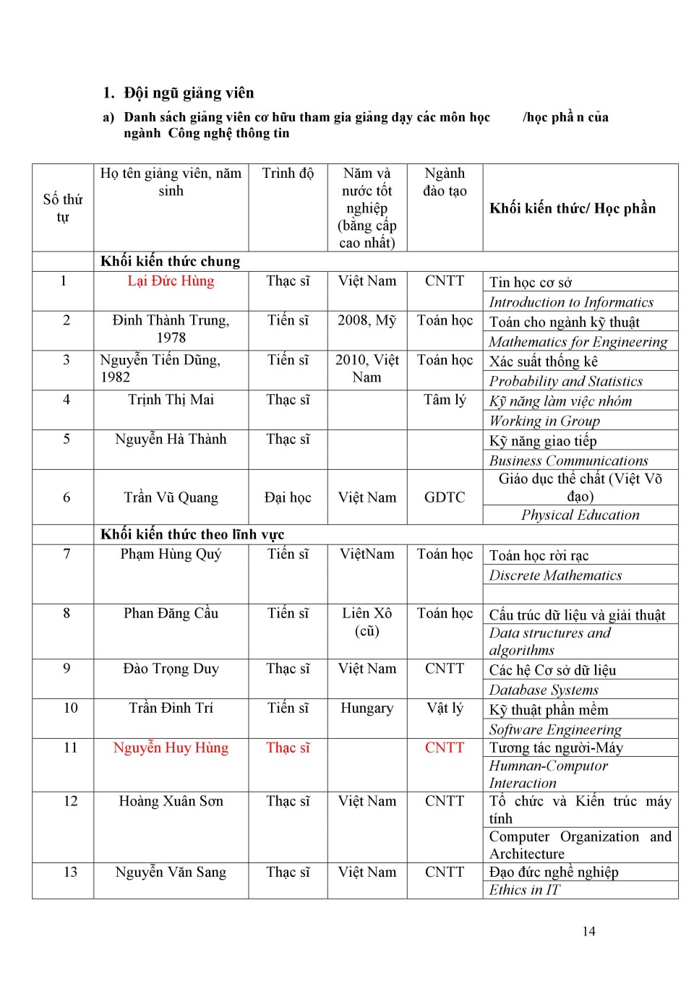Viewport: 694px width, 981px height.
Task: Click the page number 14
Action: pos(588,931)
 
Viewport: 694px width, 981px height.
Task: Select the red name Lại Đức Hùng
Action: pos(171,281)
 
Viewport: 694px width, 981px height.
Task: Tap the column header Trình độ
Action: pos(288,174)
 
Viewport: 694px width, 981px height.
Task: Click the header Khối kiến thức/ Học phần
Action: pos(573,208)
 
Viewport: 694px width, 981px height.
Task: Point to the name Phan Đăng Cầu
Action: pos(171,613)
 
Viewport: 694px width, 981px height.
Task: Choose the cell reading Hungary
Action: pos(367,708)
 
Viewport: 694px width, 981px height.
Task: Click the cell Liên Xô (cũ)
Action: pos(367,622)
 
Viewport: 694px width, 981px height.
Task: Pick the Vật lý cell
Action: pos(445,708)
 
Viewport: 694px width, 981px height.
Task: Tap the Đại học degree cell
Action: pos(288,497)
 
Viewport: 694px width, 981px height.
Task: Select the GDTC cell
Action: pos(445,497)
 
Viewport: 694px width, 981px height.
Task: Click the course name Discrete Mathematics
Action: pos(555,575)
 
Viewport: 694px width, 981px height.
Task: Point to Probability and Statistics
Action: pos(565,381)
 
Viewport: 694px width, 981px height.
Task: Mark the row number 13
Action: pos(70,872)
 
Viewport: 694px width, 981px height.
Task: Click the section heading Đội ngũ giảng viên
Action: pos(189,93)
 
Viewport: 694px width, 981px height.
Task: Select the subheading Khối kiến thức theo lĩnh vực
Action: pos(192,534)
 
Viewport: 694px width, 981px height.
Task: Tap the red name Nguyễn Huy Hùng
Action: pos(171,747)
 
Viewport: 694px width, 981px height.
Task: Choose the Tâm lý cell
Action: pos(445,400)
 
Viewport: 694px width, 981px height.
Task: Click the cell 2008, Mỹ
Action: pos(367,320)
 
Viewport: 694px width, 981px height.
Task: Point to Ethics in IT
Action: pos(524,890)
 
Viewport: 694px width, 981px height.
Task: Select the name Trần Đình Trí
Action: pos(171,708)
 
